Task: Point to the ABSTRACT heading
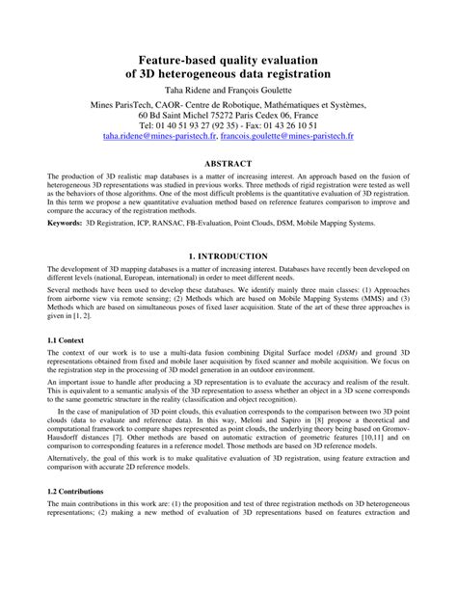point(228,164)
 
